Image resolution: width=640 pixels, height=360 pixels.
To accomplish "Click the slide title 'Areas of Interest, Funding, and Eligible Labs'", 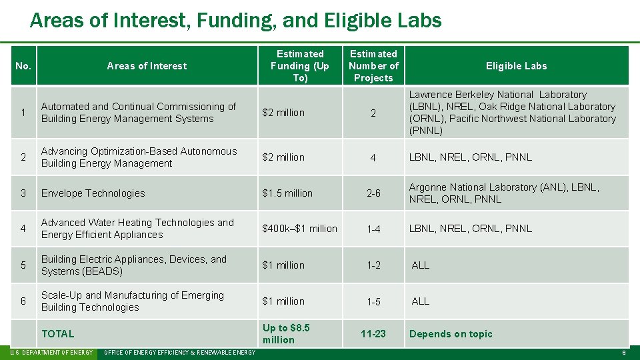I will point(235,21).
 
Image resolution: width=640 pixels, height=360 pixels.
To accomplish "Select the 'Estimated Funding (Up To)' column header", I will point(300,66).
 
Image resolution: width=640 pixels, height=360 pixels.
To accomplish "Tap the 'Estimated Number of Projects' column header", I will point(373,66).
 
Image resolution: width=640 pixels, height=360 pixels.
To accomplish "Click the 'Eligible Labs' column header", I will point(516,66).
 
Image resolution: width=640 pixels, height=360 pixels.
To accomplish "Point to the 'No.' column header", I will point(23,66).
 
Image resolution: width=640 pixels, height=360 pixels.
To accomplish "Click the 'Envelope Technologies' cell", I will point(93,193).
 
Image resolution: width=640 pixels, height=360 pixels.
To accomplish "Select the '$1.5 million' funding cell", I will point(287,193).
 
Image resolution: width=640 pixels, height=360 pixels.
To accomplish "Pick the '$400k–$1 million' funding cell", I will point(299,229).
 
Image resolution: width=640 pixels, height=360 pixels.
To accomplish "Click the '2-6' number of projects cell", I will point(373,193).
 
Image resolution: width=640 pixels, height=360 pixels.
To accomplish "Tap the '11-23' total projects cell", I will point(373,334).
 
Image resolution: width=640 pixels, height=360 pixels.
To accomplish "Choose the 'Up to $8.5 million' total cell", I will point(286,334).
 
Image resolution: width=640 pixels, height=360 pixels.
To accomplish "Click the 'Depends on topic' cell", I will point(451,334).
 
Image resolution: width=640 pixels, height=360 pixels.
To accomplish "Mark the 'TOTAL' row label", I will point(58,334).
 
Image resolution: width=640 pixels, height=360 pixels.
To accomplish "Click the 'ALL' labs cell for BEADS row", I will point(421,265).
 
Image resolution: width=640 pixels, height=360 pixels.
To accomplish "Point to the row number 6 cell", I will point(23,301).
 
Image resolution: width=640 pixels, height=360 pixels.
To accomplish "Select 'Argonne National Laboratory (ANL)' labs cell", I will point(504,193).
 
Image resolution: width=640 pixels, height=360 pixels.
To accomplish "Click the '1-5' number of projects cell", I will point(373,301).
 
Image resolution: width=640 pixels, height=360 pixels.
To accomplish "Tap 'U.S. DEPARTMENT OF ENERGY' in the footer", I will point(52,352).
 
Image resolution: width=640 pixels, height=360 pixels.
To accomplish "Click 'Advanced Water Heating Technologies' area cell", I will point(137,229).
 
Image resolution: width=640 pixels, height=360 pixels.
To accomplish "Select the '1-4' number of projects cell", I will point(373,229).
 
